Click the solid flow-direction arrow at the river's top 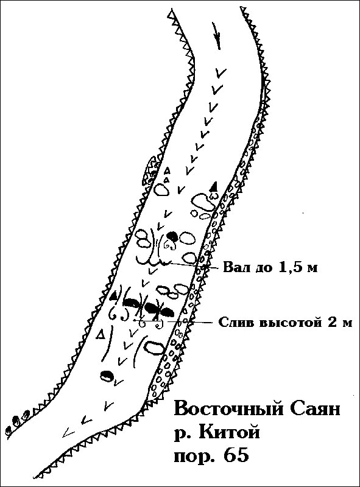coord(217,35)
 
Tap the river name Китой coord(228,432)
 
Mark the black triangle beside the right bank coord(213,186)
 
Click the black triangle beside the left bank coord(114,296)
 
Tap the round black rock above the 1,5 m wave coord(172,237)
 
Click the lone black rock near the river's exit coord(107,376)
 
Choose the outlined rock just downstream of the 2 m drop coord(155,347)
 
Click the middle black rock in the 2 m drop coord(152,308)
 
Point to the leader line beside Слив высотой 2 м coord(192,322)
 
